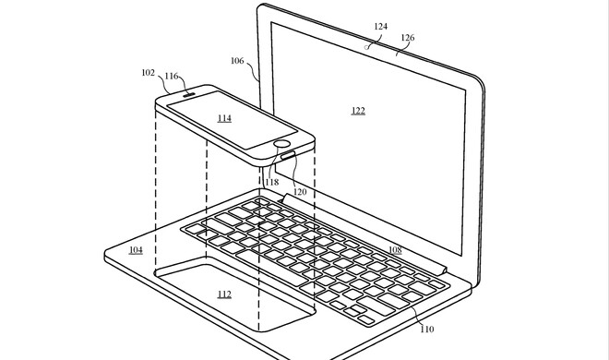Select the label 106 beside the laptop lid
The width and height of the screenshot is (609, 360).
(x=237, y=61)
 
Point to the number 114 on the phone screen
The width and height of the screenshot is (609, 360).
(x=224, y=118)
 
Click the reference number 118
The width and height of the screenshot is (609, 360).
(x=271, y=182)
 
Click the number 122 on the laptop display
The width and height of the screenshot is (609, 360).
(x=358, y=111)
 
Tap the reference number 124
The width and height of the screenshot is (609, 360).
(x=380, y=27)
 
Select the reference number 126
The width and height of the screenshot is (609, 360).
(x=407, y=38)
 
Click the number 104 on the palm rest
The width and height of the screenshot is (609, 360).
(x=136, y=249)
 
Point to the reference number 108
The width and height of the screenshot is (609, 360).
(x=394, y=249)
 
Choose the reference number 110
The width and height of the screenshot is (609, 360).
(x=426, y=330)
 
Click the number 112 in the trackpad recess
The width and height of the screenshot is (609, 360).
(x=224, y=294)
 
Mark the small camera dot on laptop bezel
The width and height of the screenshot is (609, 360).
(x=370, y=43)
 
